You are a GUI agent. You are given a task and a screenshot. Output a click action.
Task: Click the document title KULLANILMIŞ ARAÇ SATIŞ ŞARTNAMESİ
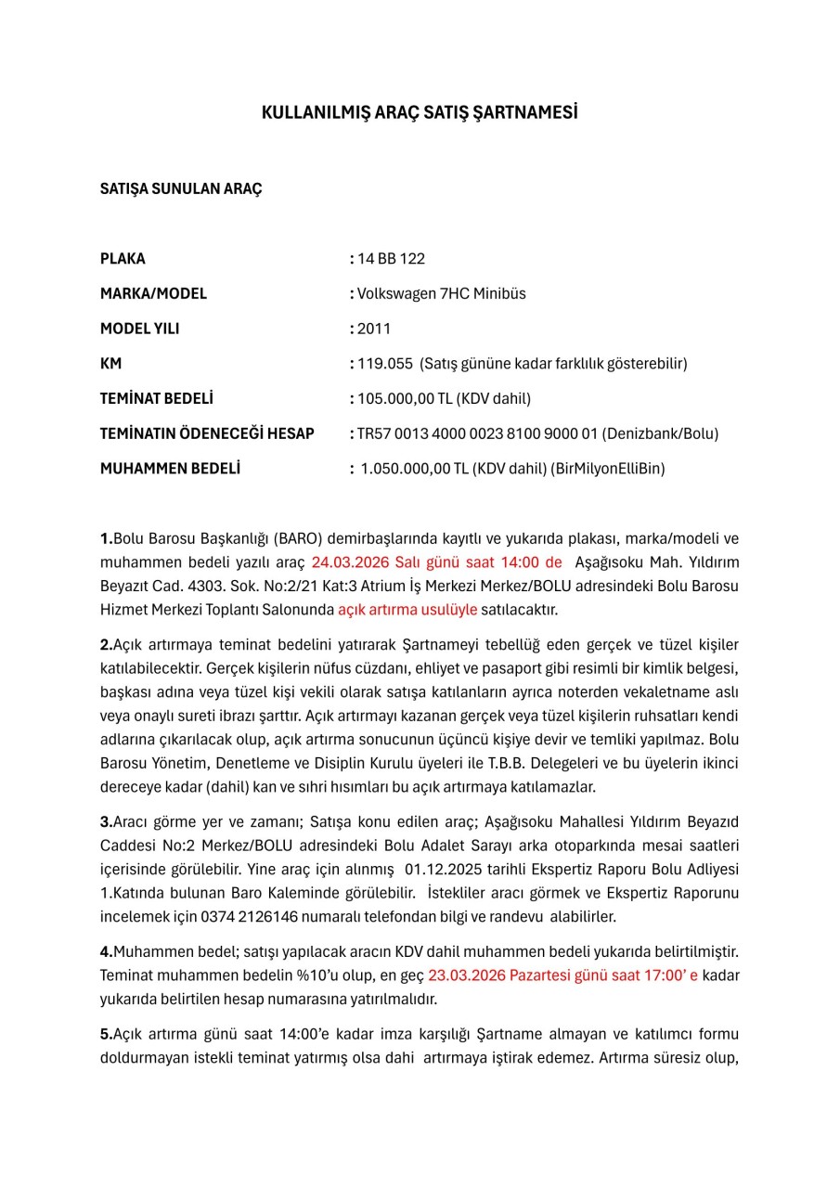[x=420, y=113]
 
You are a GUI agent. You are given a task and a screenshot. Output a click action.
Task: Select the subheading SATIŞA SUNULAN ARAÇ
[x=181, y=188]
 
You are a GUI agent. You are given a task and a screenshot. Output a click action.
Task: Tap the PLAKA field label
[x=123, y=259]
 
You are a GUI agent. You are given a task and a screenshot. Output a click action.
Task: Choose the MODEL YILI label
[x=139, y=329]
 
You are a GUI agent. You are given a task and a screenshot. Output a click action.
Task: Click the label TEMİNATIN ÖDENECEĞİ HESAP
[x=207, y=433]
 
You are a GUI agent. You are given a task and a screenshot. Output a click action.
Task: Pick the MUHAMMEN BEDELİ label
[x=170, y=469]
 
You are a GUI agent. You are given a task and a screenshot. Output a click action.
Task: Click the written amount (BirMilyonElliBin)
[x=608, y=469]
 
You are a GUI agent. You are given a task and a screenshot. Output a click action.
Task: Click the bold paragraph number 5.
[x=106, y=1034]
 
